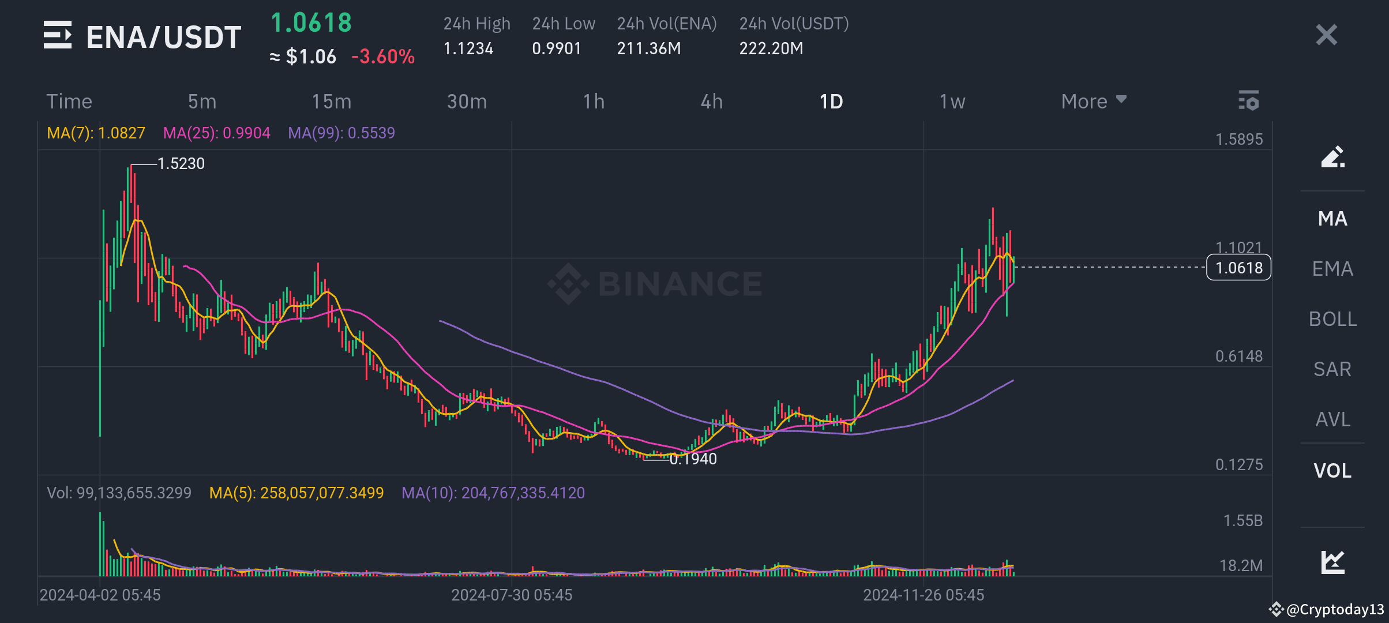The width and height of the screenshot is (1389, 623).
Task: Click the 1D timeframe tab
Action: (831, 102)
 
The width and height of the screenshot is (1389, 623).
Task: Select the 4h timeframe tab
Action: (712, 102)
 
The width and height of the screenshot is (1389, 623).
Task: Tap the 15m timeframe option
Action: (332, 102)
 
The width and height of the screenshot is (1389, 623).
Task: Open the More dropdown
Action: (1094, 102)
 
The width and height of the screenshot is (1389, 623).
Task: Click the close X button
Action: (1326, 35)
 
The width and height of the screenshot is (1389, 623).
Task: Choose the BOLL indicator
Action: (1332, 319)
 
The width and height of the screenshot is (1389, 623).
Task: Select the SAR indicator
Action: (1332, 369)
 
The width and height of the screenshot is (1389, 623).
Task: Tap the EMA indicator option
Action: (1332, 269)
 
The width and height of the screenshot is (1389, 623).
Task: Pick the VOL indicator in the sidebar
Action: (1332, 471)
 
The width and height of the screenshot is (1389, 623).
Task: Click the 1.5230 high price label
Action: (181, 164)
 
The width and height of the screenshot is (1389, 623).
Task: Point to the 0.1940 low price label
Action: (693, 459)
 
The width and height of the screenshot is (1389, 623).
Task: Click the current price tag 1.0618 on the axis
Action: (1239, 268)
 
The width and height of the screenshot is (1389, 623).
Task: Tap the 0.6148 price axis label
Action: (1239, 356)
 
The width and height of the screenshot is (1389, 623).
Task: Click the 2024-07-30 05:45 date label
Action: (512, 595)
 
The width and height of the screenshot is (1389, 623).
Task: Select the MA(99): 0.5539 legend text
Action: (341, 133)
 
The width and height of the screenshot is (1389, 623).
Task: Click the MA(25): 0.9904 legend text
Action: (216, 133)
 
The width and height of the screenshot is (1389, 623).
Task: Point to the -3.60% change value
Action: (383, 57)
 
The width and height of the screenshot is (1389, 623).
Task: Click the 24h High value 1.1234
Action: (468, 48)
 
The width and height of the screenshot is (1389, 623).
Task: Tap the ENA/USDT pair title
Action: (164, 37)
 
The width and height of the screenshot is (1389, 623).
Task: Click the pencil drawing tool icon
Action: (1332, 157)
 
